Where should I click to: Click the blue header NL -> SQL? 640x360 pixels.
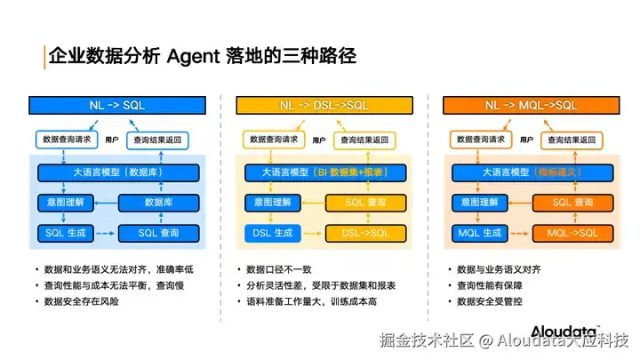click(117, 105)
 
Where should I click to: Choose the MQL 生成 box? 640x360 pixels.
click(480, 233)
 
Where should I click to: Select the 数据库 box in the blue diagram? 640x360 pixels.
click(158, 203)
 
